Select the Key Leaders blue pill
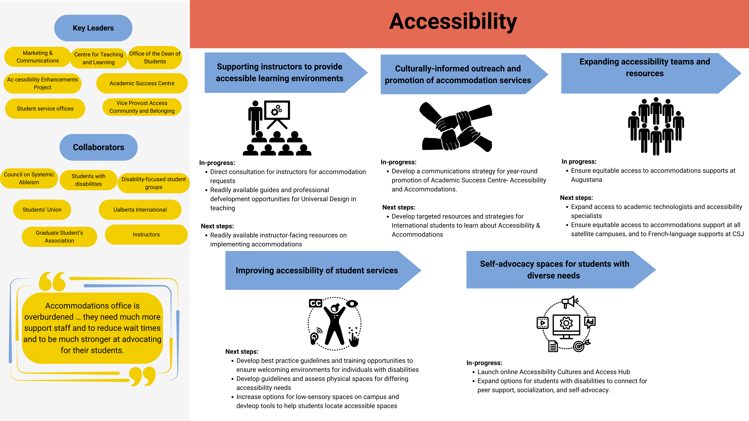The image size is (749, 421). coord(93,28)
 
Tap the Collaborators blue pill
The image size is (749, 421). coord(98,147)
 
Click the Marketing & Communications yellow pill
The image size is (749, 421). coord(37,57)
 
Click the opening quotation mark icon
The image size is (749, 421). coord(52,281)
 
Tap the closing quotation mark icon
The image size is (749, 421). coord(143,376)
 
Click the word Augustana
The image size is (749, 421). coord(586,180)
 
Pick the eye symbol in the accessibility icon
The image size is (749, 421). coord(352,304)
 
